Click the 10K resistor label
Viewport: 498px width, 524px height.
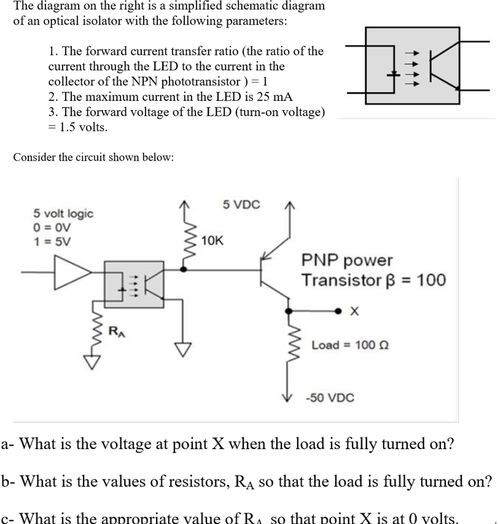(x=213, y=240)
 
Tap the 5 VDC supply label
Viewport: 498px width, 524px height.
(x=241, y=204)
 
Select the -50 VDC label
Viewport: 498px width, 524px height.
(x=330, y=397)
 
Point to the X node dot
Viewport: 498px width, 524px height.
(x=338, y=311)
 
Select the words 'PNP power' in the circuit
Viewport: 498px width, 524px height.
(x=347, y=261)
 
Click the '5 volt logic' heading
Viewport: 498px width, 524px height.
(x=63, y=213)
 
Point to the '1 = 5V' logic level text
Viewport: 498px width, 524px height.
(x=52, y=240)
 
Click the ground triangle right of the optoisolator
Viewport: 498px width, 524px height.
(x=182, y=349)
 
